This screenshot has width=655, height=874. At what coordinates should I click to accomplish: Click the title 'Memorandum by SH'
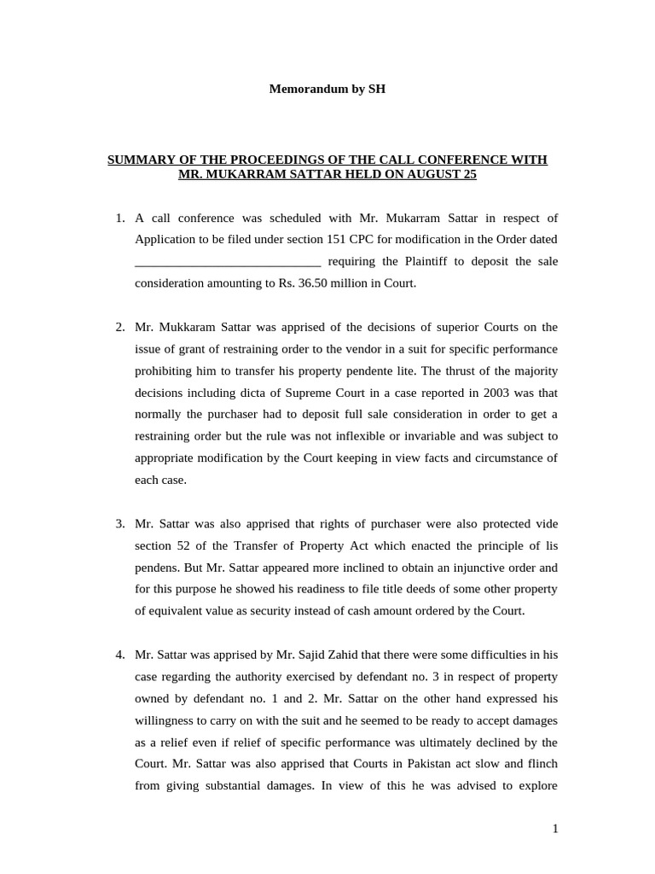coord(327,89)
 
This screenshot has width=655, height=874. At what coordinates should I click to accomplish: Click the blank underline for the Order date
coord(228,262)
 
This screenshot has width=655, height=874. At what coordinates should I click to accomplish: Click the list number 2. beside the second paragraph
coord(120,327)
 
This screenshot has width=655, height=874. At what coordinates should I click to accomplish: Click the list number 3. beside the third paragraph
coord(120,524)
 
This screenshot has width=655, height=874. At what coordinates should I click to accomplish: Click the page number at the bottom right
coord(554,829)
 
